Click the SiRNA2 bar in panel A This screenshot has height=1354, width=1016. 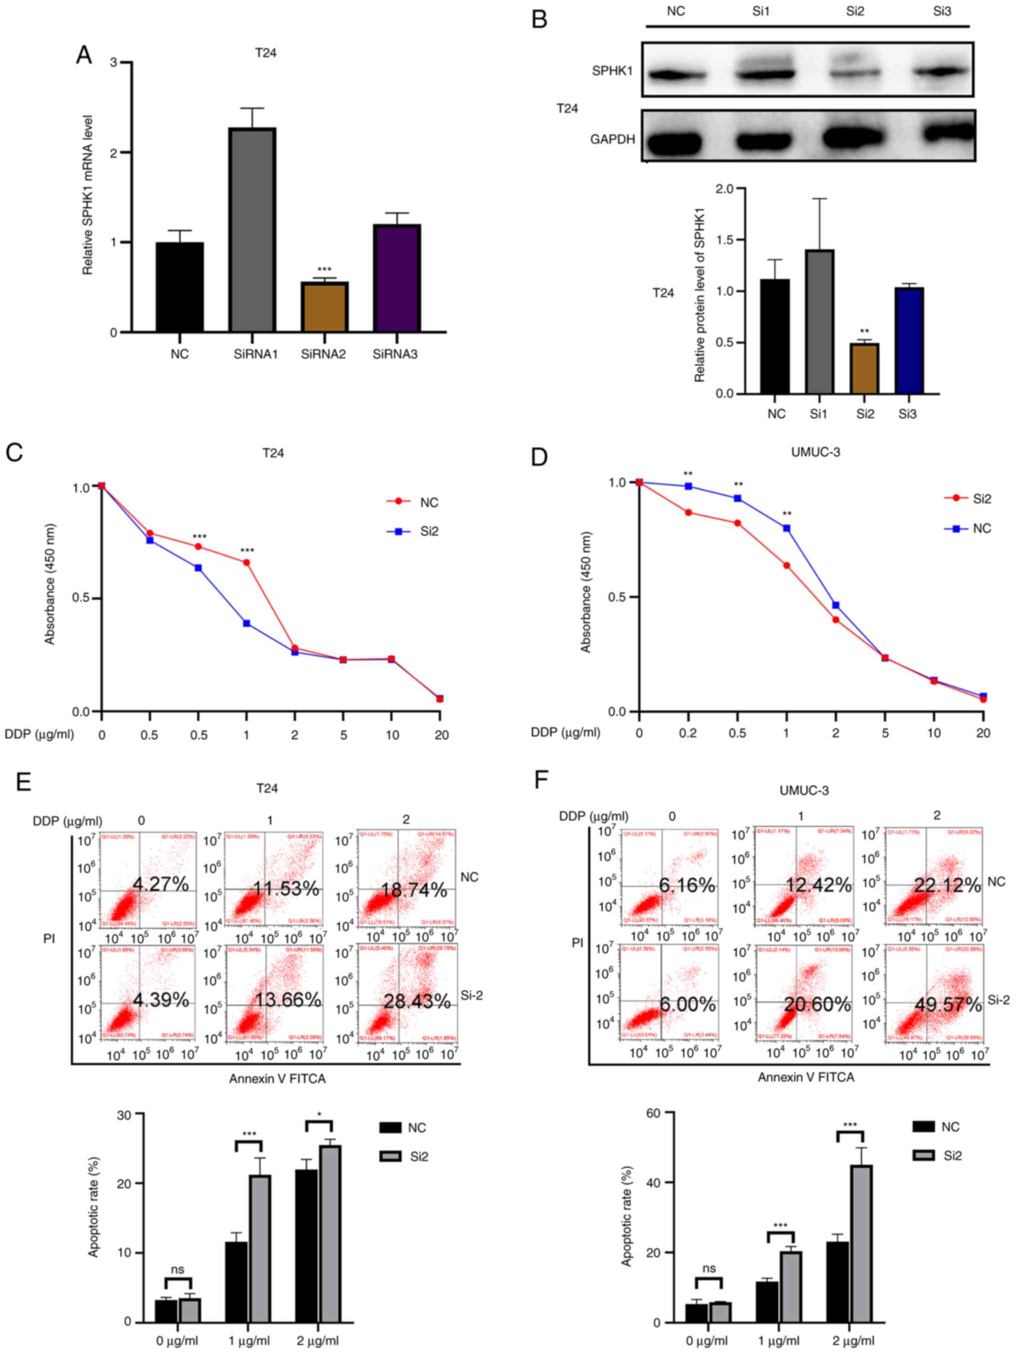324,307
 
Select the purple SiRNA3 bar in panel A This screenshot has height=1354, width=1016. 396,278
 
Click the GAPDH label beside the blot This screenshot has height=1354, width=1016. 612,140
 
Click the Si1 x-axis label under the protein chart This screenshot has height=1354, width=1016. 818,414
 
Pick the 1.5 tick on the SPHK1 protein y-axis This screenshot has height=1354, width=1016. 725,240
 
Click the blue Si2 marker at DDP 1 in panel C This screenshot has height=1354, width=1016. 247,623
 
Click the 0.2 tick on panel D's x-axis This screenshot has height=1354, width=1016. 688,733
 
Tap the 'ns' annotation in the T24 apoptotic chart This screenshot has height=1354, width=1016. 178,1269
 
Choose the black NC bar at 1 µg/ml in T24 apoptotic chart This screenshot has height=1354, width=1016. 236,1282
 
